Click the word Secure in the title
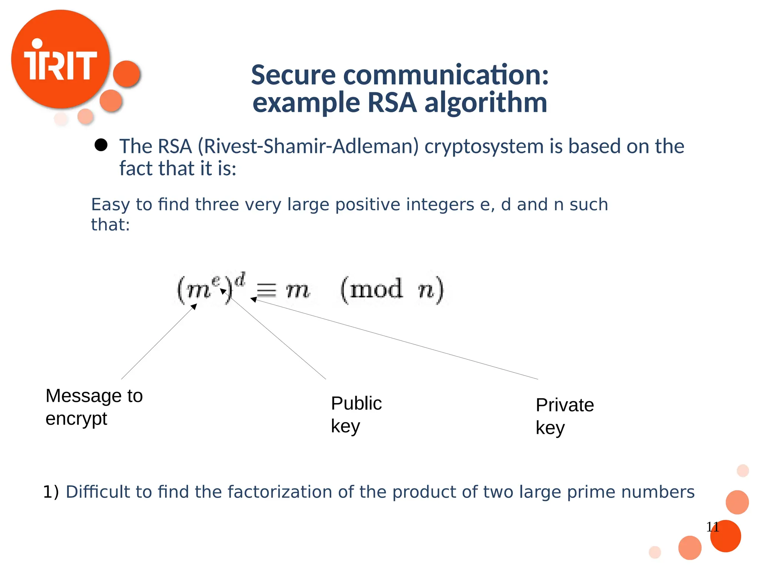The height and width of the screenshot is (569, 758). point(293,75)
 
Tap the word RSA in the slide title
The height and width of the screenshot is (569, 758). point(392,103)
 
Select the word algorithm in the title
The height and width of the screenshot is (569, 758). point(486,103)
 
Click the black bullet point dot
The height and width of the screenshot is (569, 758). point(101,145)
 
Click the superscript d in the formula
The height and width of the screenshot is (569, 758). point(240,279)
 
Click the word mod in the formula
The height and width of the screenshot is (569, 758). point(376,289)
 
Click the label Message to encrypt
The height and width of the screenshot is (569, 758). point(94,407)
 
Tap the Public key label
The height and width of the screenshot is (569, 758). point(356,414)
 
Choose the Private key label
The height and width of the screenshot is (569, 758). point(564,416)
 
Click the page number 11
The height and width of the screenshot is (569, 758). point(712,527)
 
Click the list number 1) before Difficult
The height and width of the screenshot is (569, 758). point(51,492)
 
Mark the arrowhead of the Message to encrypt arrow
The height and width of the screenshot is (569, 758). point(194,306)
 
